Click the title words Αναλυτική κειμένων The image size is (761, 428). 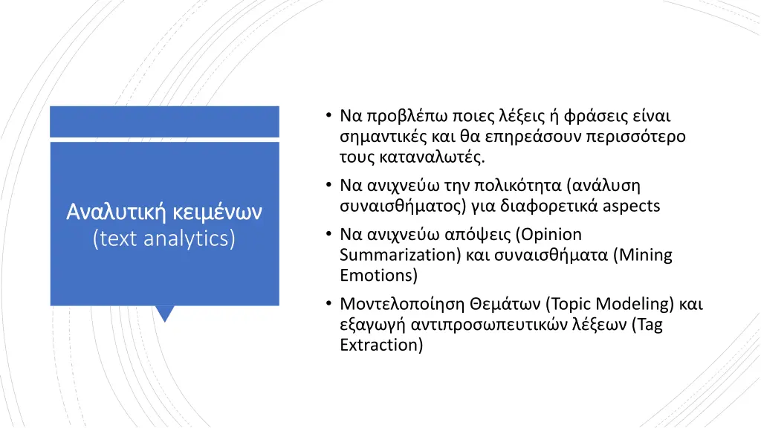point(164,213)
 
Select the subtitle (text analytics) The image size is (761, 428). point(164,239)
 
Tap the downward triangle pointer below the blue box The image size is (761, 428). point(165,314)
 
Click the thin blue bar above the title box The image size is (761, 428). point(164,121)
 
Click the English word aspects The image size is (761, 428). point(631,206)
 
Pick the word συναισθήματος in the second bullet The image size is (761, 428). point(396,206)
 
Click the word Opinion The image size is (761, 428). point(551,235)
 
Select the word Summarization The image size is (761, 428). point(391,256)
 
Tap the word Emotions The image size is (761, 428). point(378,276)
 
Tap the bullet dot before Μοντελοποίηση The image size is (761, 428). point(328,304)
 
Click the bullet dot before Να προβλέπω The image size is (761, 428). point(328,117)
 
